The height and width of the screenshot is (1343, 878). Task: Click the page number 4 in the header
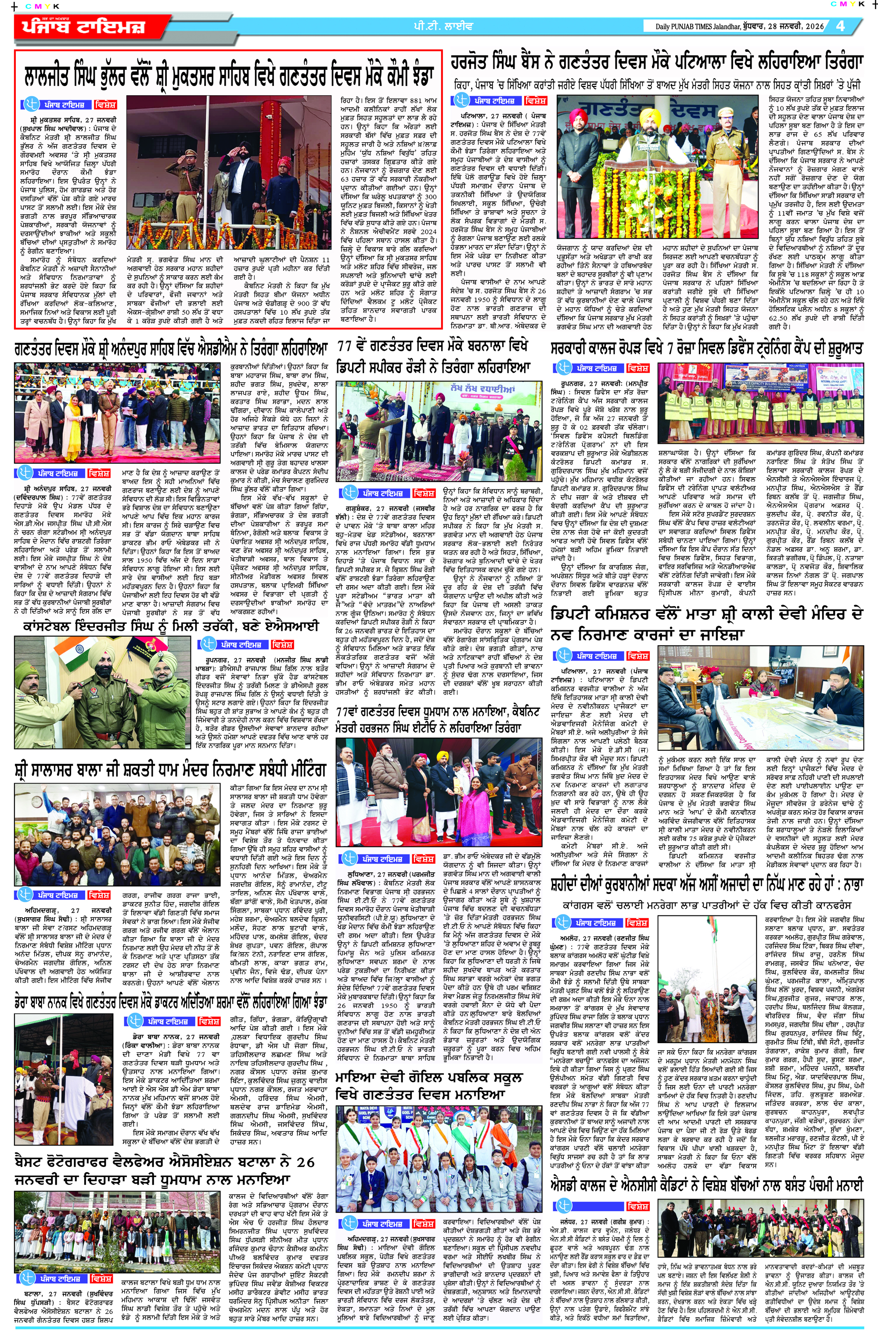tap(841, 26)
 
